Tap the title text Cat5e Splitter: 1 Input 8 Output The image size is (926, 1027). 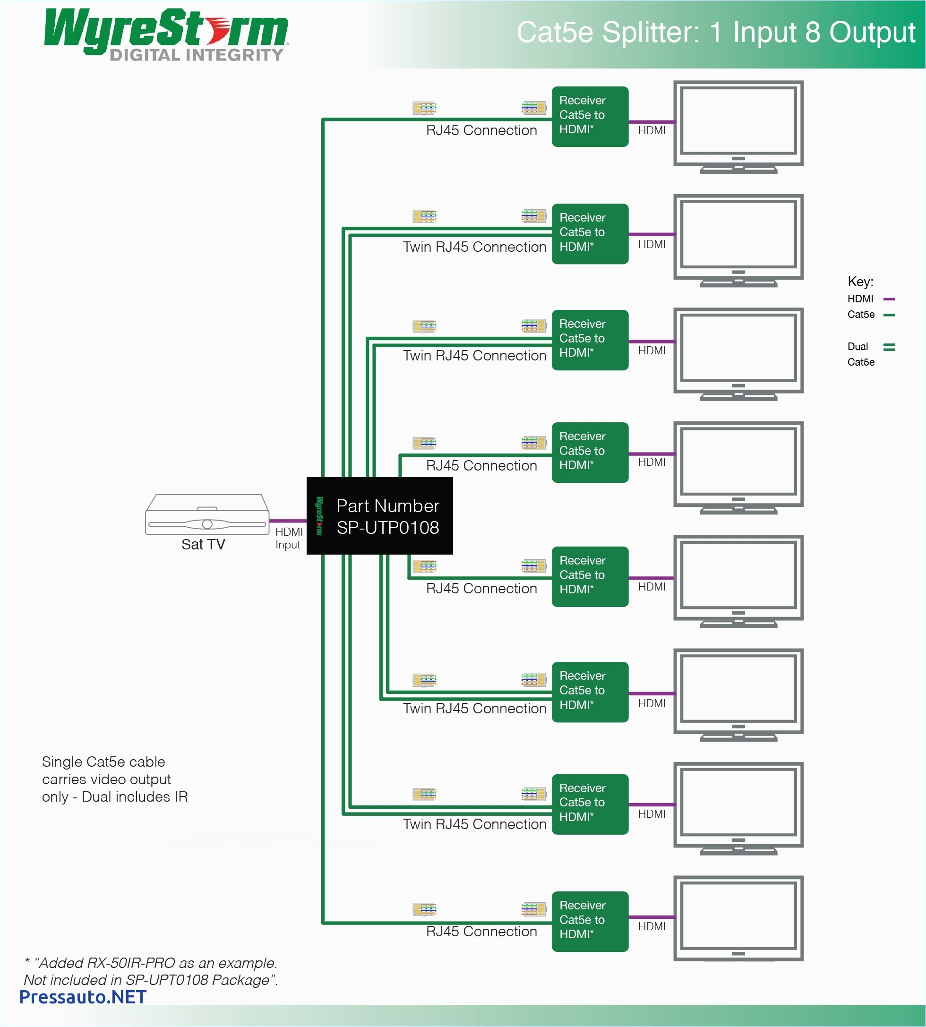point(715,33)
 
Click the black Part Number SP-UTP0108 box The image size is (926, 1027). point(379,516)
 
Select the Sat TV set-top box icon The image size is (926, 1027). point(207,515)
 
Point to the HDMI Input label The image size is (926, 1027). point(289,538)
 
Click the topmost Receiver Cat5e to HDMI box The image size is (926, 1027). point(590,117)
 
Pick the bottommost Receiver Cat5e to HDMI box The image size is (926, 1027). point(590,921)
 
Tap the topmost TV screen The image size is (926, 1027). point(738,121)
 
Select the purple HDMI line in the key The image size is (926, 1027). point(889,299)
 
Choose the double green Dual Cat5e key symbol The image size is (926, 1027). point(889,347)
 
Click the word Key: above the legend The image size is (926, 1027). point(860,282)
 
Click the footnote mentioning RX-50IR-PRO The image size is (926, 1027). point(151,972)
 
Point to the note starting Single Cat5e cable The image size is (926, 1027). point(114,779)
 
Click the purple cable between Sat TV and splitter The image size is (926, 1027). point(287,521)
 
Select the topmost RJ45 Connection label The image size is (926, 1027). point(481,131)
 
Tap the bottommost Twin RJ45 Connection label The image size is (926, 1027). point(474,824)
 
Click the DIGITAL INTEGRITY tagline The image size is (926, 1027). point(197,55)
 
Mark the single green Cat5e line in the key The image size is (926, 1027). point(889,315)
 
